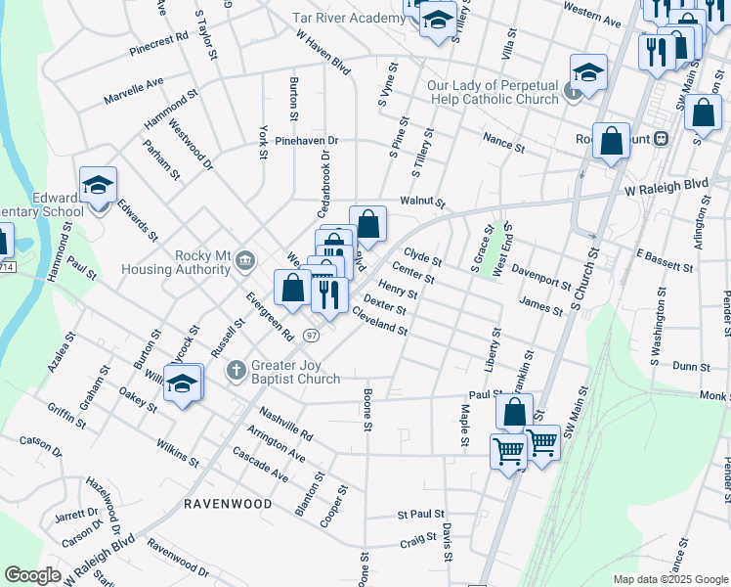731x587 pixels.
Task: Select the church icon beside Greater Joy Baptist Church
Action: point(236,371)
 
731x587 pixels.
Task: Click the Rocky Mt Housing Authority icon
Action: point(245,259)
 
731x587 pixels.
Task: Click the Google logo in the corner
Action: point(32,575)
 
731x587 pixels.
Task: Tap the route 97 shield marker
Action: point(311,335)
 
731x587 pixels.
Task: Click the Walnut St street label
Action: point(422,203)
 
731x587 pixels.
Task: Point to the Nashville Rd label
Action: point(285,421)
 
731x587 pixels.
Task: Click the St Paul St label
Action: point(420,513)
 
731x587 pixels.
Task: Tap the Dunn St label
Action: point(691,365)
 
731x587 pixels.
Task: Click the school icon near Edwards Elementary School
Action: point(99,185)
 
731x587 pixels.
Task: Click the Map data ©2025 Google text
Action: point(670,579)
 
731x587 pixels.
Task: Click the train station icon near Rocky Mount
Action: point(662,139)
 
